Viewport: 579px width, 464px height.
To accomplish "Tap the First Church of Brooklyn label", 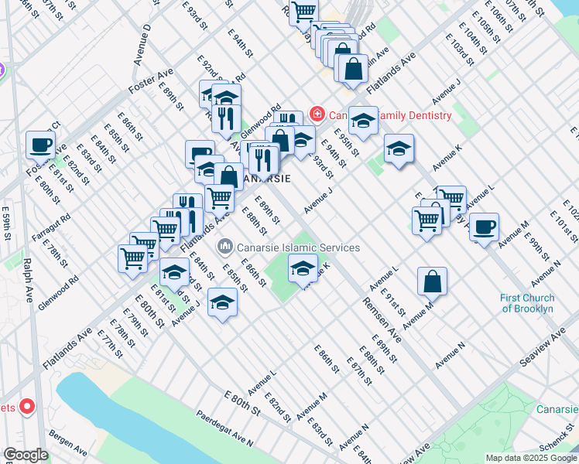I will pyautogui.click(x=526, y=303).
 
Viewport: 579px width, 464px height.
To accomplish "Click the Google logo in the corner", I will pyautogui.click(x=26, y=455).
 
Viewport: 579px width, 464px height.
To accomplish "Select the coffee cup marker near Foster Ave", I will pyautogui.click(x=40, y=144).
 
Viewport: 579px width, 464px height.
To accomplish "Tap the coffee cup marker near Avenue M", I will pyautogui.click(x=484, y=227).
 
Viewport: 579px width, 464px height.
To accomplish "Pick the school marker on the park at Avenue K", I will pyautogui.click(x=303, y=268).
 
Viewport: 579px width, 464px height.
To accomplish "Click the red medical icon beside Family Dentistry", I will pyautogui.click(x=317, y=114).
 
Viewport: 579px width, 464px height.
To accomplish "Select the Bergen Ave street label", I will pyautogui.click(x=68, y=442).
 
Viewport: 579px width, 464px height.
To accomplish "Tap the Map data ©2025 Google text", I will pyautogui.click(x=531, y=458).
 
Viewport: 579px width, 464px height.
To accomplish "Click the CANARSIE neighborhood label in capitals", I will pyautogui.click(x=267, y=178).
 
